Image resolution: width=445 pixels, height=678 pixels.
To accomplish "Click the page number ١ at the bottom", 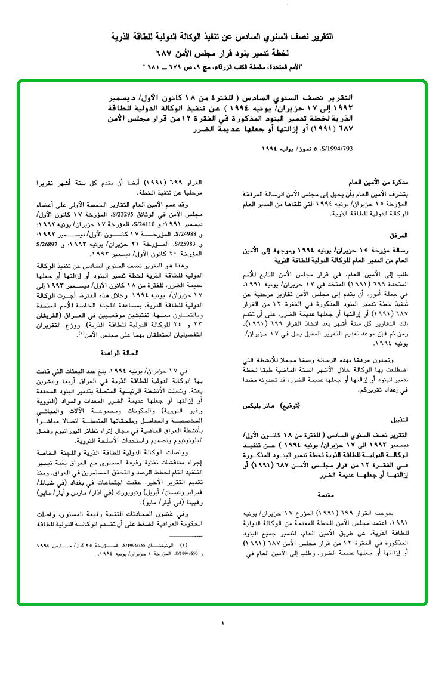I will coord(222,624).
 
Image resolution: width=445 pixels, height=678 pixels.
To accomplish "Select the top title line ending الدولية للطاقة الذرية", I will coord(222,36).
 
